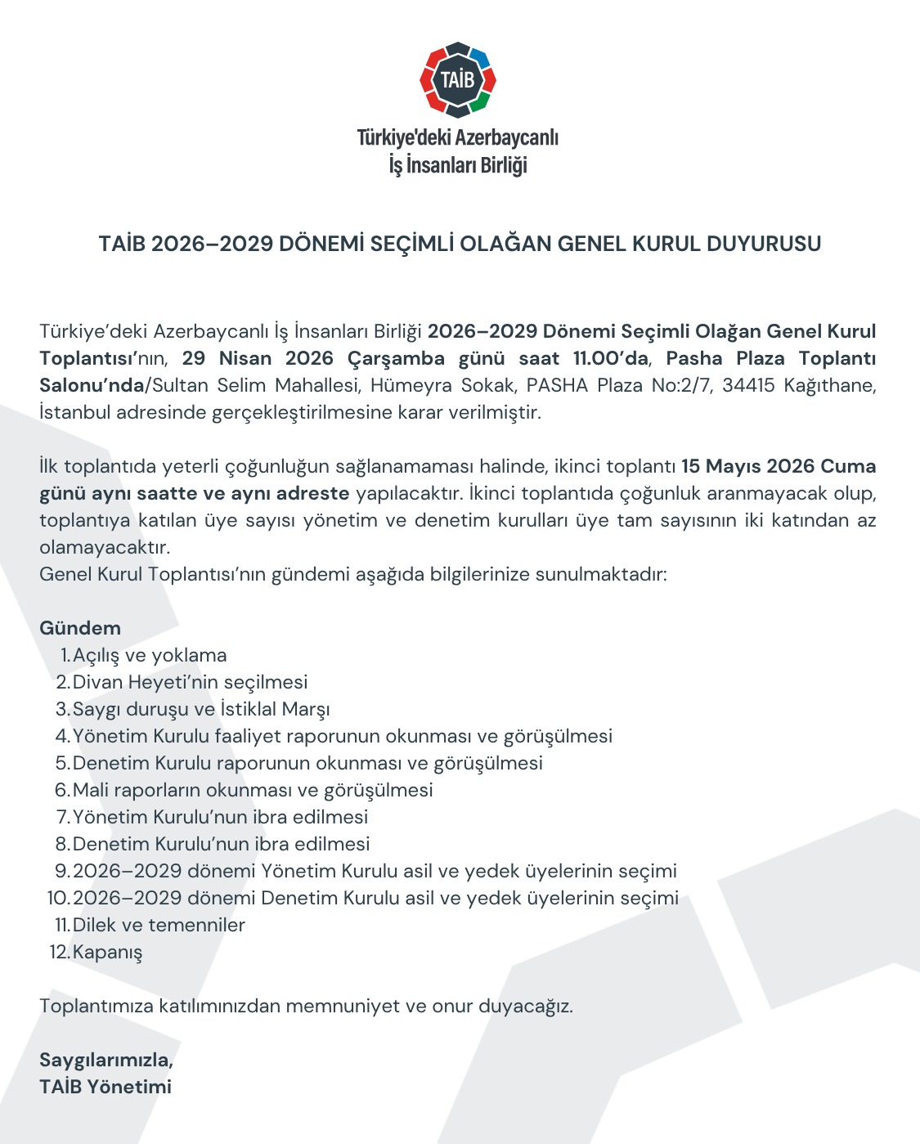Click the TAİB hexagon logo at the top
[458, 79]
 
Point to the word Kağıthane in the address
[829, 385]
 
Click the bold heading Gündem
[80, 628]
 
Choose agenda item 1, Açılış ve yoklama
[150, 655]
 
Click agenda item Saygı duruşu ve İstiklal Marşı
[201, 709]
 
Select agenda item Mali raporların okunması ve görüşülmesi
[253, 790]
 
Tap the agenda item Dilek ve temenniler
[159, 925]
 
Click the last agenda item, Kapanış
[107, 952]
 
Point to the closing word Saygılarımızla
[106, 1060]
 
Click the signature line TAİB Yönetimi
[105, 1087]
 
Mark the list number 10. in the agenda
[58, 898]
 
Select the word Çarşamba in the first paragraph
[396, 358]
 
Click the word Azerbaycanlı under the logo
[507, 137]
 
